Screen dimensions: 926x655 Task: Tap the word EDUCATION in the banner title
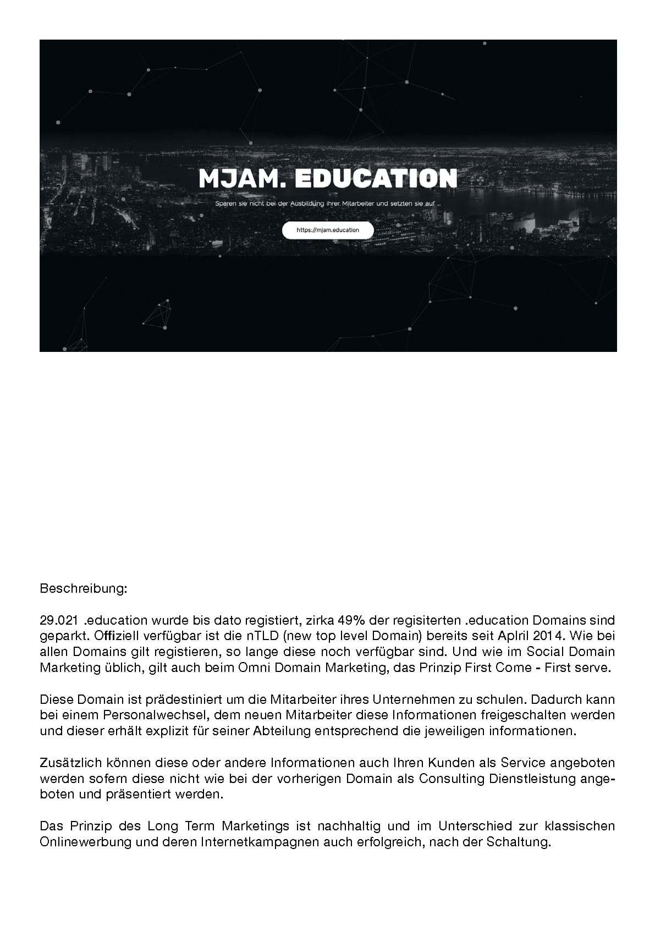(x=376, y=178)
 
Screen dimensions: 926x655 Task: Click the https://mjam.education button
(x=328, y=230)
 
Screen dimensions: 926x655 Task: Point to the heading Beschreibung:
(x=84, y=588)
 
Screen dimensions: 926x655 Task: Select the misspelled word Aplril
(x=499, y=636)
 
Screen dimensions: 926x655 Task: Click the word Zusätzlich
(x=67, y=763)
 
